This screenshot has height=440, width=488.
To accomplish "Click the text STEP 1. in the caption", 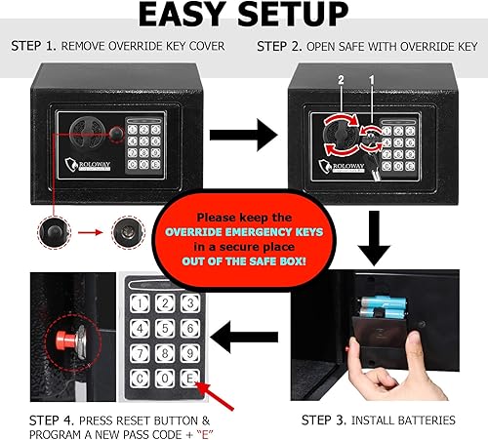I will tap(31, 46).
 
